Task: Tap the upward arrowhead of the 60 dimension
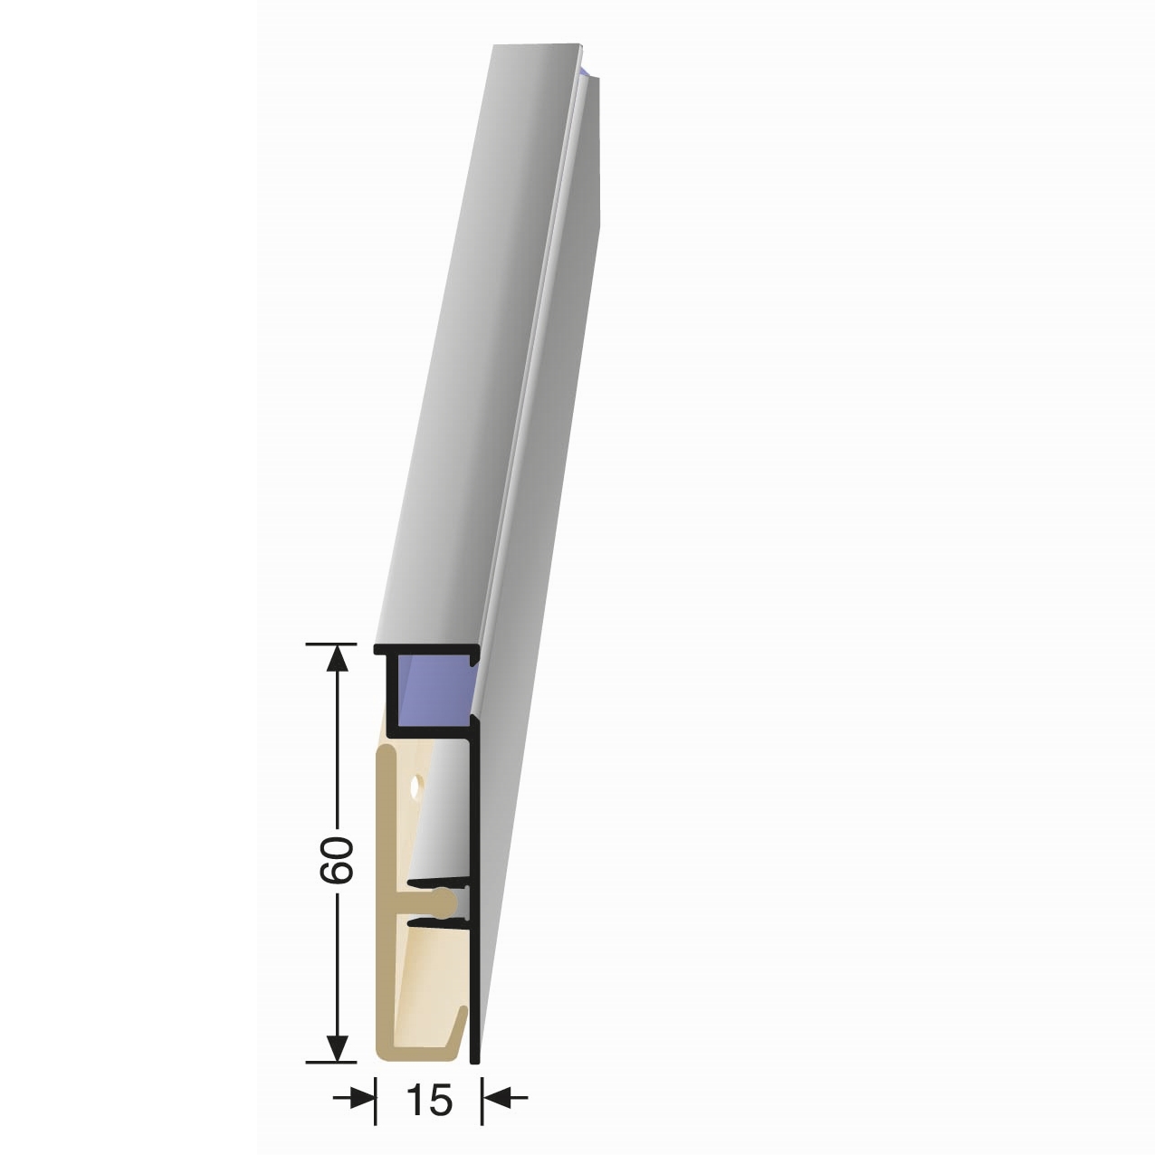coord(338,658)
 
